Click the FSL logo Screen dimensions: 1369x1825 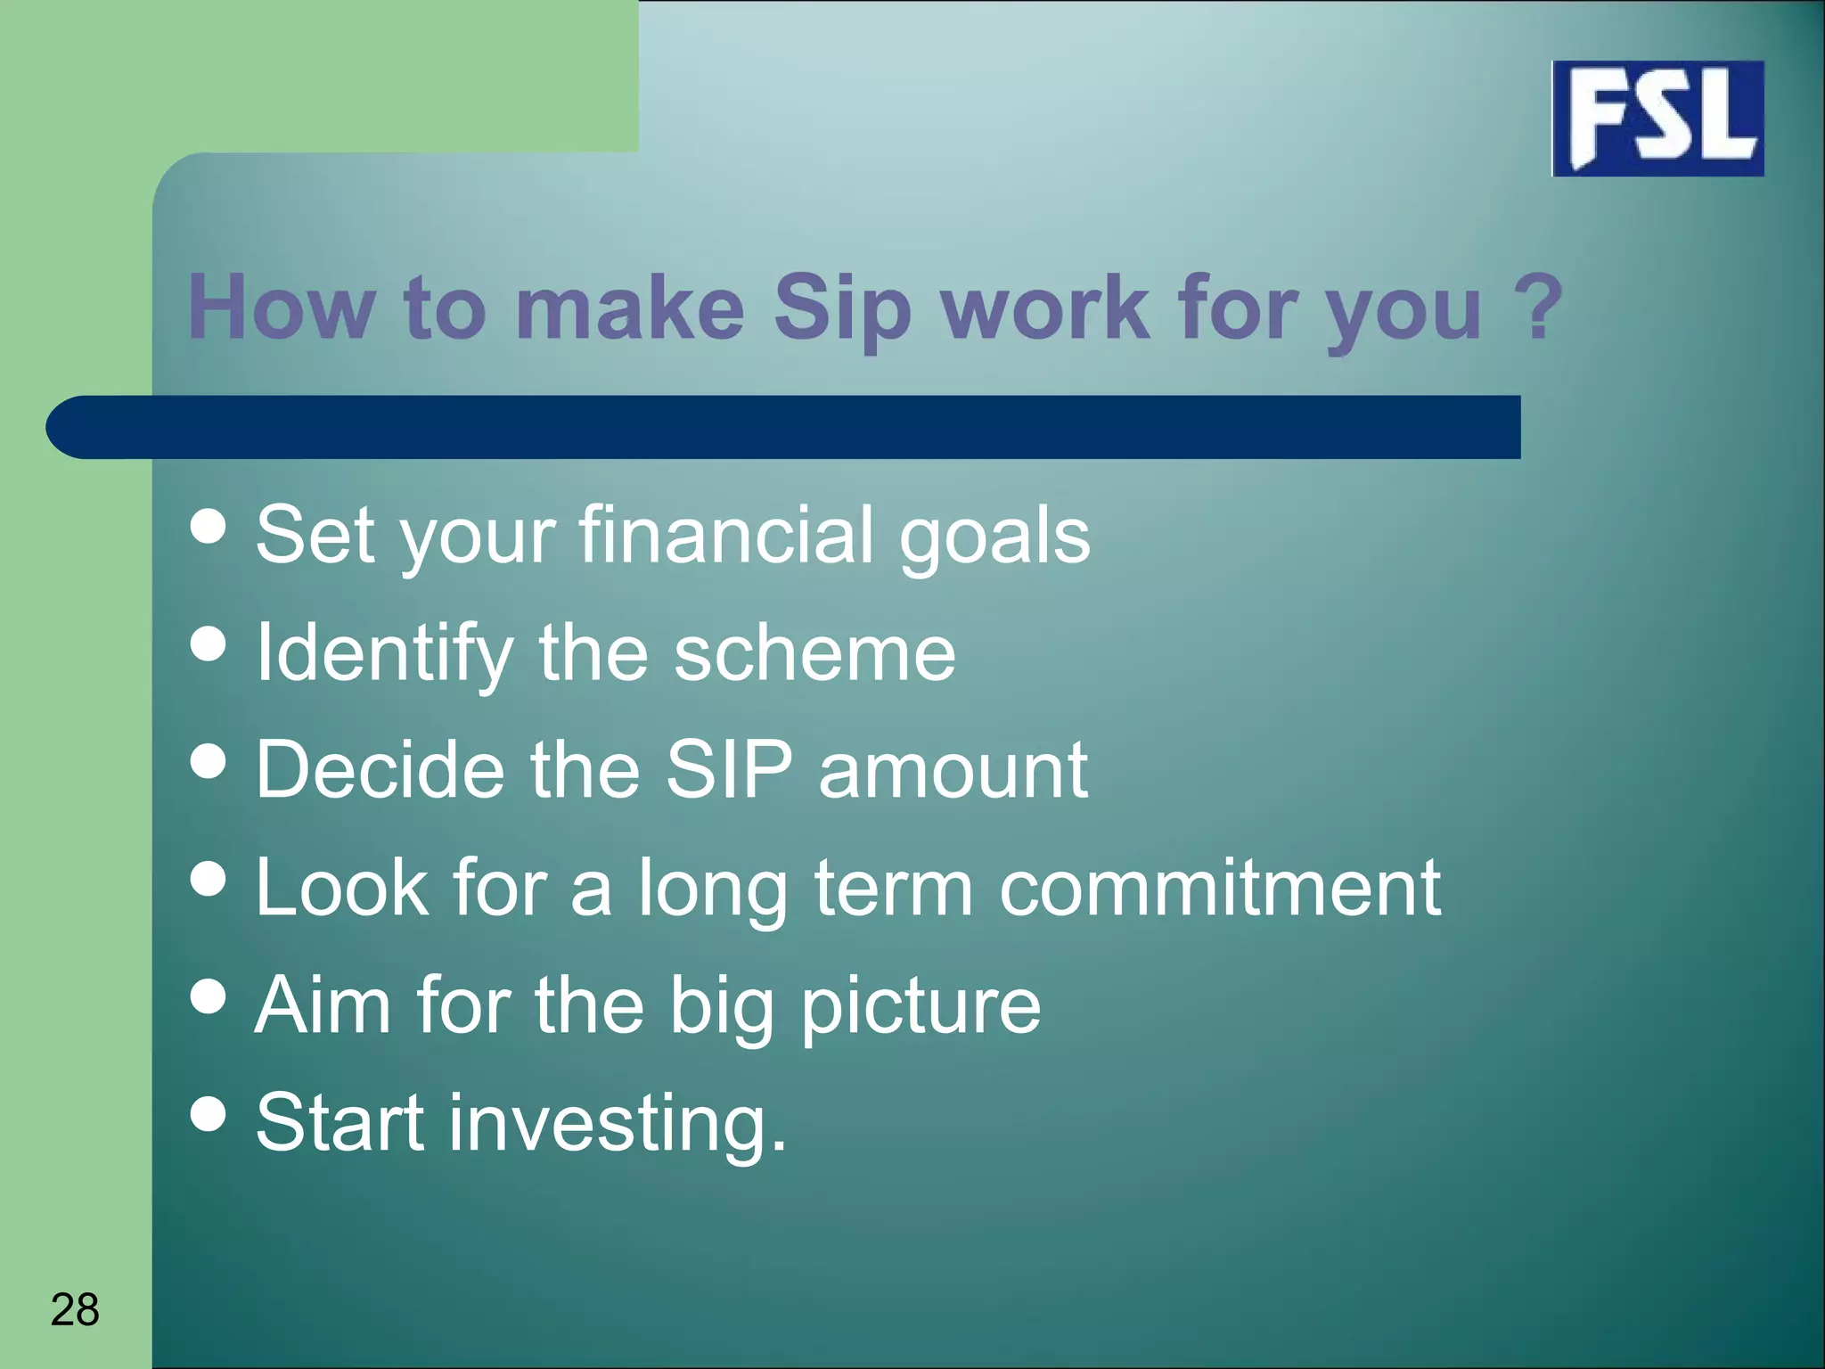pos(1657,119)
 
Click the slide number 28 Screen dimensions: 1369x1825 pos(75,1309)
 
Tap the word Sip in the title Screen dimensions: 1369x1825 pos(842,308)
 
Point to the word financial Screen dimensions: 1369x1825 pos(725,535)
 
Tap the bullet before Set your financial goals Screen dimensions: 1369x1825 pos(209,526)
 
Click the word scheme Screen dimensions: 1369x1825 pos(814,653)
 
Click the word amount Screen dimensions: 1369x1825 pos(952,770)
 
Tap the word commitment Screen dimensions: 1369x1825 pos(1219,888)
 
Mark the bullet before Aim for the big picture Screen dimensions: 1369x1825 pos(209,996)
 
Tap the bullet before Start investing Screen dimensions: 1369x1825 pos(209,1113)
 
